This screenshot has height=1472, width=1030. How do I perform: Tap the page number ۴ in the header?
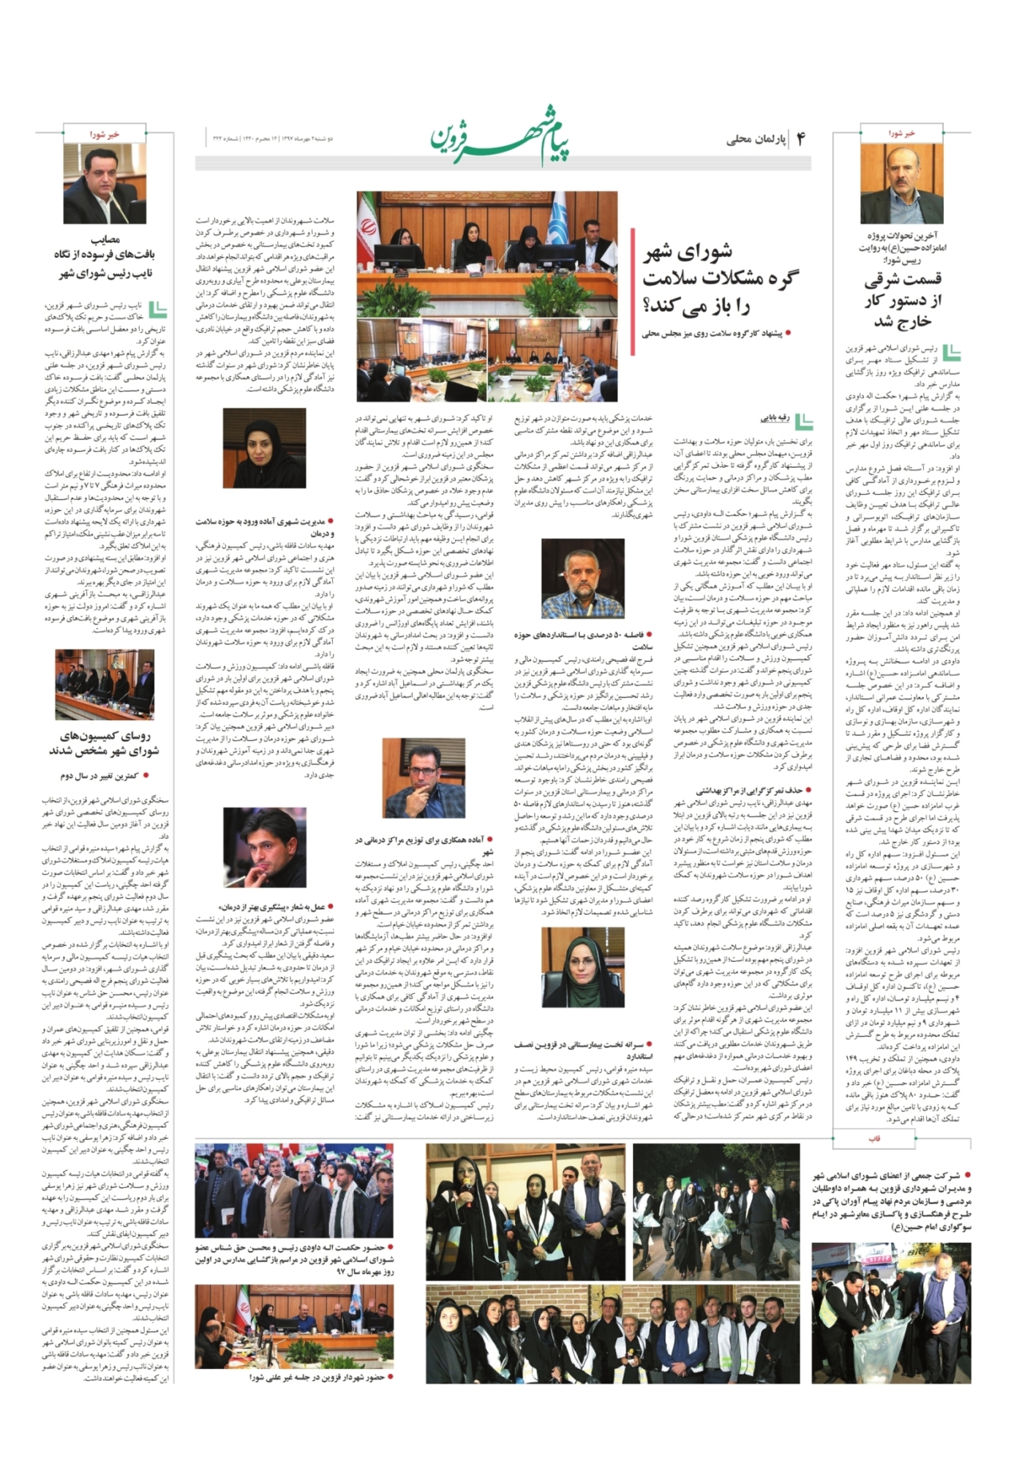(x=800, y=139)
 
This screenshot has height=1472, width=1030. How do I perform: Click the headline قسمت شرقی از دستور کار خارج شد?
(x=903, y=300)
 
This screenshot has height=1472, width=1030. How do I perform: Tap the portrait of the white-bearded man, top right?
(x=902, y=184)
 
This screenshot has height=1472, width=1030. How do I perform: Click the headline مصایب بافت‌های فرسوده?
(x=105, y=256)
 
